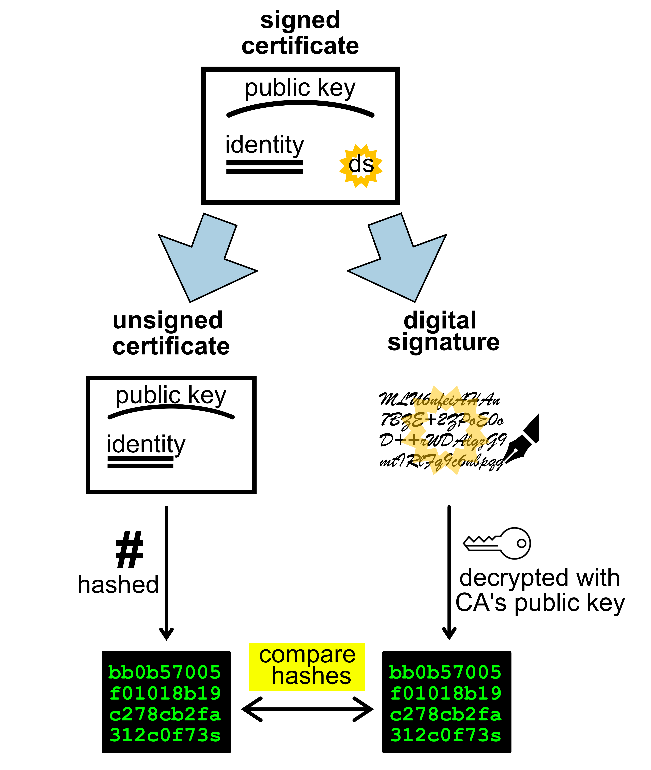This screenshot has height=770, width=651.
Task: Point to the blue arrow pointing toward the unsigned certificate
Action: tap(205, 259)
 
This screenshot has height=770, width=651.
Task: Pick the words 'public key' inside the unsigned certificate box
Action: tap(171, 395)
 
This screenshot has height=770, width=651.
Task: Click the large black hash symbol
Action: tap(129, 549)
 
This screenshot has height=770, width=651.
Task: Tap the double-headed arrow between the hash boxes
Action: tap(307, 709)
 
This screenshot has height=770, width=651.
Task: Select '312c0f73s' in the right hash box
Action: tap(446, 735)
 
